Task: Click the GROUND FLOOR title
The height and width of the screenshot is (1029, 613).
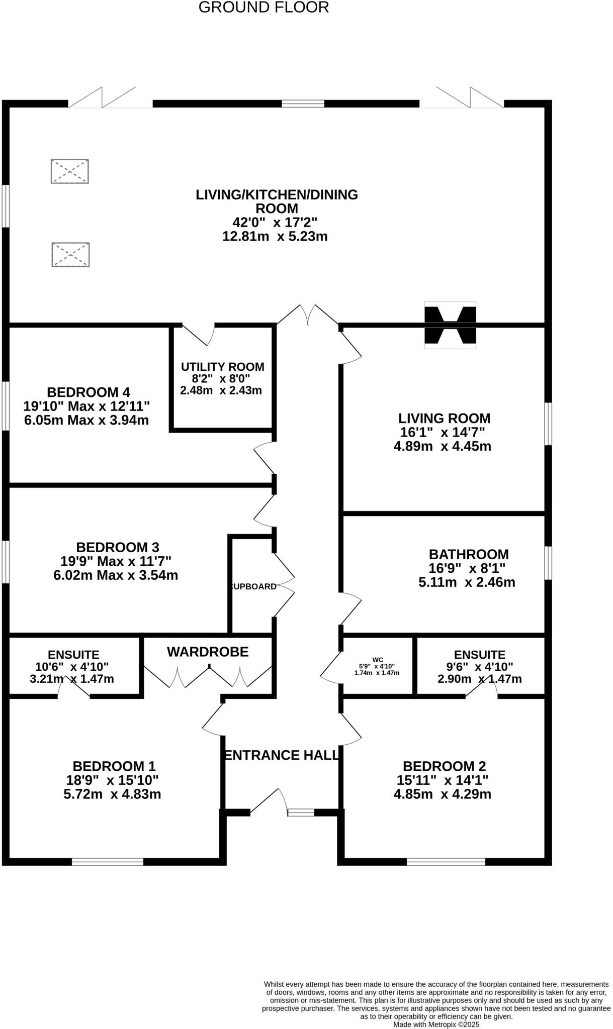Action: tap(264, 8)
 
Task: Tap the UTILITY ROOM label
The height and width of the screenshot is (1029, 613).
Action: tap(222, 367)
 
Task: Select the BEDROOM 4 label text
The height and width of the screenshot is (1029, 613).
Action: tap(89, 392)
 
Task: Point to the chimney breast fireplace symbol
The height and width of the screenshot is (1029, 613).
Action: tap(450, 325)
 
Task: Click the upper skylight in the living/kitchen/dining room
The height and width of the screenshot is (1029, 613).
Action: tap(70, 171)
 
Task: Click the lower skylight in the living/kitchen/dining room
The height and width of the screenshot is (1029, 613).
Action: tap(70, 254)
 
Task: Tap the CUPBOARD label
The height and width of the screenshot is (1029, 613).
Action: tap(253, 586)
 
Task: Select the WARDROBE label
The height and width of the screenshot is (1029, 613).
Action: tap(208, 652)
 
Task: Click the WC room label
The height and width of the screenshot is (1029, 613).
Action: tap(378, 659)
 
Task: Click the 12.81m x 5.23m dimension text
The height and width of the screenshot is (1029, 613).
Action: tap(275, 236)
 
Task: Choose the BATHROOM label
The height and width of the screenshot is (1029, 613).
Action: tap(469, 554)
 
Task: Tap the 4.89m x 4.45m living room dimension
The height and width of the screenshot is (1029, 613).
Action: tap(443, 446)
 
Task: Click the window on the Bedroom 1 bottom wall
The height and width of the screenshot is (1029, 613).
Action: tap(108, 862)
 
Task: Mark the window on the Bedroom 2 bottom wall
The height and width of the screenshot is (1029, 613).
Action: tap(446, 862)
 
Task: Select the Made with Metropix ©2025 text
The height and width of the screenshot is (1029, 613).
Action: tap(436, 1024)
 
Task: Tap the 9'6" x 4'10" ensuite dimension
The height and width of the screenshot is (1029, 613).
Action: tap(479, 667)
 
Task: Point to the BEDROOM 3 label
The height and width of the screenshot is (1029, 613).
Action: tap(118, 547)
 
